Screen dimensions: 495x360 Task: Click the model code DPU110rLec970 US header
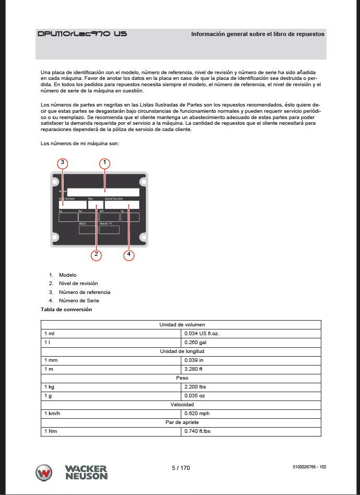[x=82, y=34]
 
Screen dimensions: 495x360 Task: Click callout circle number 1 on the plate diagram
[x=104, y=163]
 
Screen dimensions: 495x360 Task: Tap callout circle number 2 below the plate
[x=96, y=255]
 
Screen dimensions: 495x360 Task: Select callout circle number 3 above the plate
[x=62, y=163]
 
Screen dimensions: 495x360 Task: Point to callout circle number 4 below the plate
[x=129, y=255]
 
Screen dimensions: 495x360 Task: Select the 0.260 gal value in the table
[x=196, y=342]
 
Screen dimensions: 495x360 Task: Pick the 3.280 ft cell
[x=194, y=369]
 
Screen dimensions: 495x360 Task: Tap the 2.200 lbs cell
[x=195, y=386]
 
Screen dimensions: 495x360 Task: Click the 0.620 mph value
[x=196, y=413]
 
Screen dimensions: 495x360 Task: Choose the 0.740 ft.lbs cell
[x=198, y=431]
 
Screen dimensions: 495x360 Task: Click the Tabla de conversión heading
[x=66, y=310]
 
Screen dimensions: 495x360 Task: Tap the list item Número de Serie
[x=79, y=301]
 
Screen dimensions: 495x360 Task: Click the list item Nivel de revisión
[x=78, y=284]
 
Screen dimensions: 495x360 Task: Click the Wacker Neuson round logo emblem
[x=44, y=473]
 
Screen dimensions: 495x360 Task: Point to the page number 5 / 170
[x=181, y=468]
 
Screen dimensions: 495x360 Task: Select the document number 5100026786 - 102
[x=310, y=467]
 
